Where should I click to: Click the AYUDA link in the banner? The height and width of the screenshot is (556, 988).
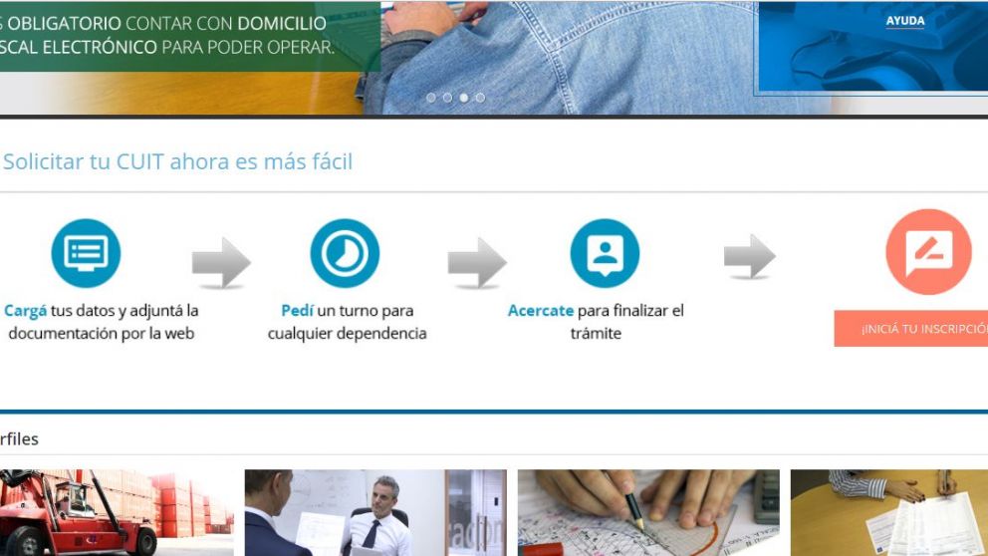(904, 21)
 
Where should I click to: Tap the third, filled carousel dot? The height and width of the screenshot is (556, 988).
(464, 98)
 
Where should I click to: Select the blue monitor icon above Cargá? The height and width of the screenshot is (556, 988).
(86, 253)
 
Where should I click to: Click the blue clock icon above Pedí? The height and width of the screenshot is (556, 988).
(345, 253)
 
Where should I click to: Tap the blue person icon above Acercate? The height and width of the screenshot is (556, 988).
(605, 253)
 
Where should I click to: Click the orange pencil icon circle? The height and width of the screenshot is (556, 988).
(928, 251)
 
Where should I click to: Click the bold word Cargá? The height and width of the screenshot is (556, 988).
(26, 311)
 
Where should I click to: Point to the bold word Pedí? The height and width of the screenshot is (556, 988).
(297, 311)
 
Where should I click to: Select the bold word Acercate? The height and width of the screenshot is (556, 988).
(541, 311)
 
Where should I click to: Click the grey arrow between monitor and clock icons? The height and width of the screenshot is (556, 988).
(221, 263)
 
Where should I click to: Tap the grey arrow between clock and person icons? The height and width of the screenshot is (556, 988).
(477, 263)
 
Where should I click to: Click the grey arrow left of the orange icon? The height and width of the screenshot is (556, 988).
(750, 257)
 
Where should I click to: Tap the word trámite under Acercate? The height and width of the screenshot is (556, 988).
(596, 334)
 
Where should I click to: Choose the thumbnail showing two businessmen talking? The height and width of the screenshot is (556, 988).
(375, 513)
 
